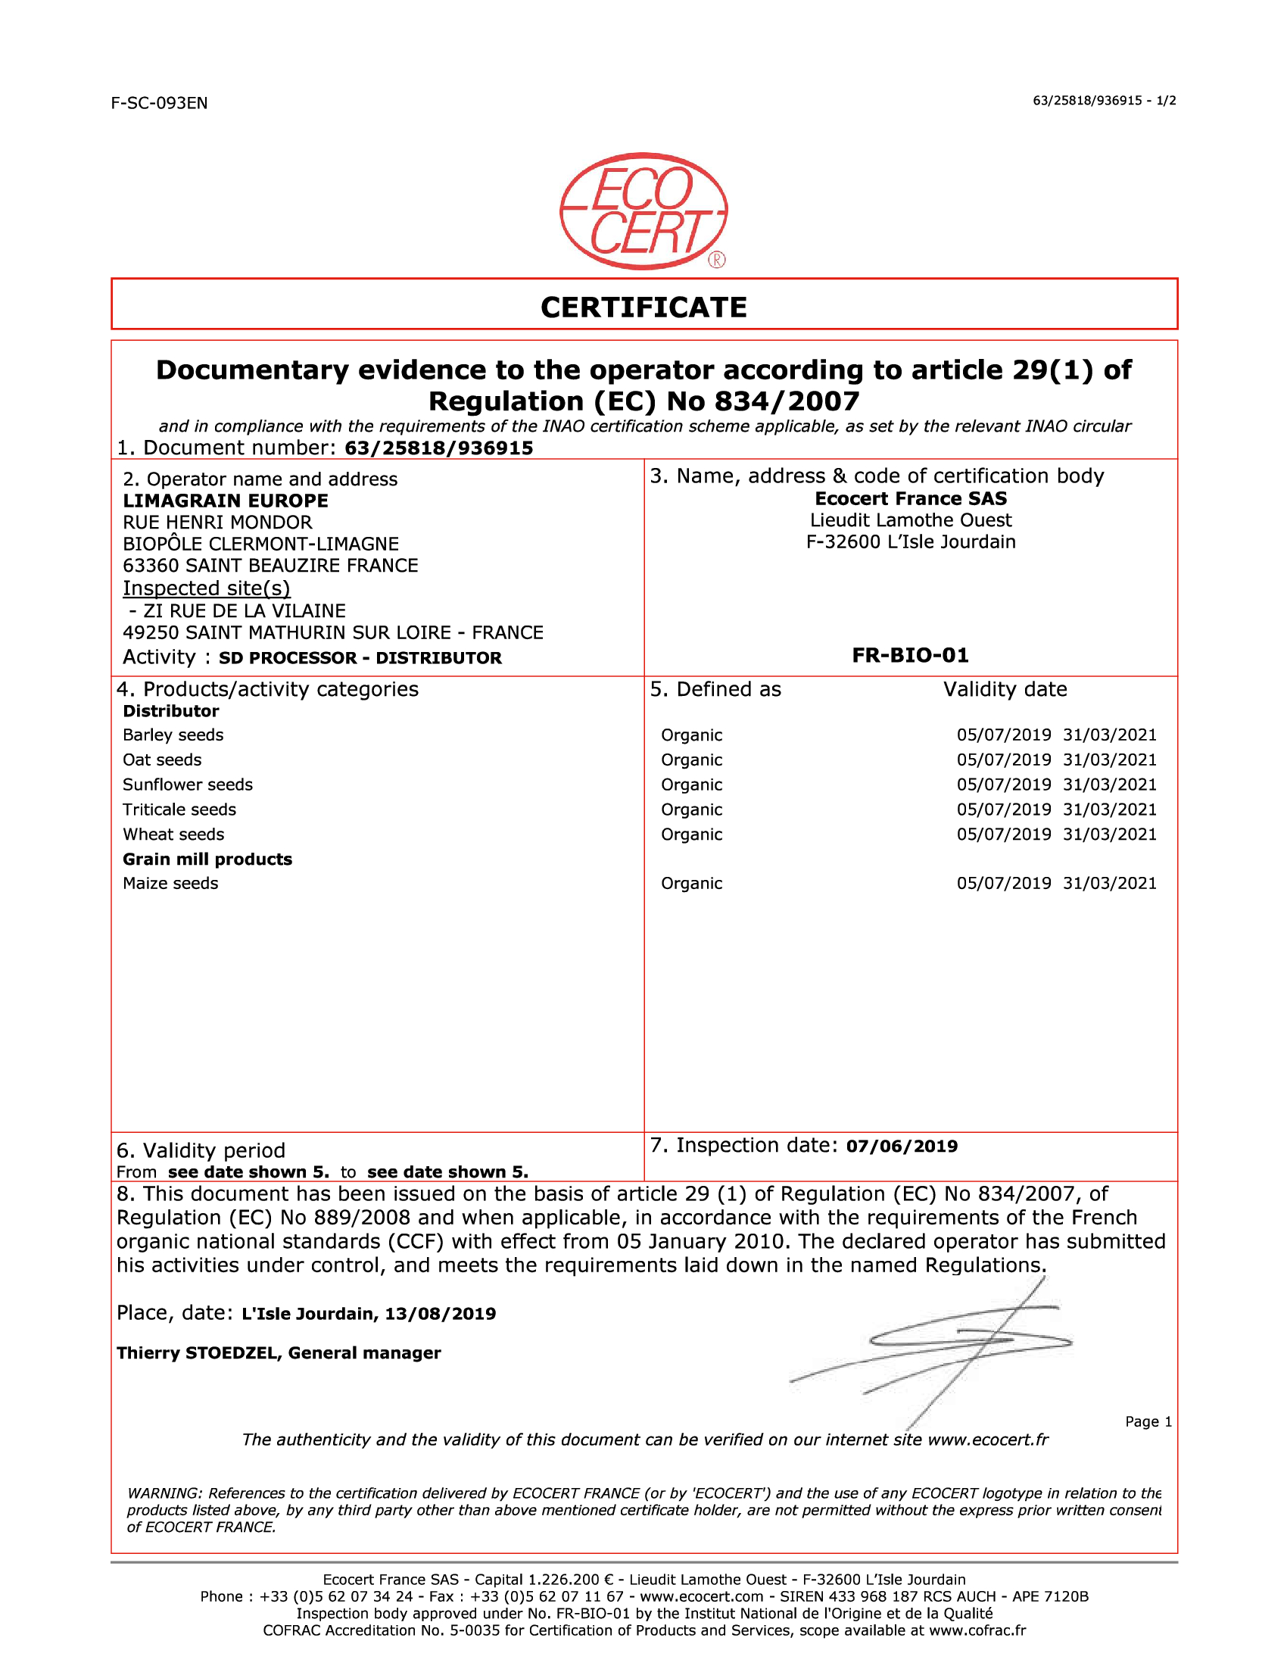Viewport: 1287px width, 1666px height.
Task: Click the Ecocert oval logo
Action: [643, 211]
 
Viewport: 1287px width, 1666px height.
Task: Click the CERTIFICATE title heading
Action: [643, 307]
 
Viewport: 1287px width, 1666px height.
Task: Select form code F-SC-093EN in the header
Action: [159, 103]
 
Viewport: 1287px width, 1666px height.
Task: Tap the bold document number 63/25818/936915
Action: [438, 448]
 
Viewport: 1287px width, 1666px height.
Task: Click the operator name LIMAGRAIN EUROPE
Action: [226, 501]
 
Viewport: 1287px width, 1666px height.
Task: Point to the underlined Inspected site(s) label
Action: [207, 588]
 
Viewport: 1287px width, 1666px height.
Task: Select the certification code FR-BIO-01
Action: [910, 655]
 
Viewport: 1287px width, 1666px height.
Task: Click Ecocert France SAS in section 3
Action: [910, 499]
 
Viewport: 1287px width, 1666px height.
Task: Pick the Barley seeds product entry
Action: [173, 735]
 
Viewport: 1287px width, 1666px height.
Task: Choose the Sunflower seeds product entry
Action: [188, 785]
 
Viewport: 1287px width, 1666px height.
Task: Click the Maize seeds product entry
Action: [171, 883]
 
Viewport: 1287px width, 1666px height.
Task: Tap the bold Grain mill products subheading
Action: [207, 859]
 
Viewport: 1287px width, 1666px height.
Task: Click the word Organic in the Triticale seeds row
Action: [691, 810]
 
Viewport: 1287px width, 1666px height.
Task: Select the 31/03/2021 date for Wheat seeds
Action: [1109, 835]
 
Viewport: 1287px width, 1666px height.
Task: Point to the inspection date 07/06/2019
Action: [901, 1147]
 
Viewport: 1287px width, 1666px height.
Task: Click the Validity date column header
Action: [1005, 690]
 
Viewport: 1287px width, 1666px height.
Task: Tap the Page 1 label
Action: [1148, 1422]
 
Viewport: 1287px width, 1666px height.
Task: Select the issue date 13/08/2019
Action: [440, 1314]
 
